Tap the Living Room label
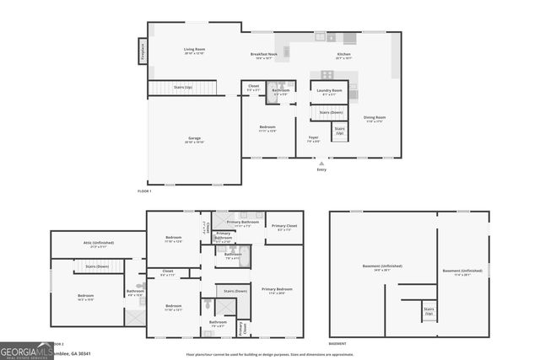pos(194,50)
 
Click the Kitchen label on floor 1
pos(343,55)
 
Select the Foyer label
pos(312,139)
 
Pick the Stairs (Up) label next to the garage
pos(182,87)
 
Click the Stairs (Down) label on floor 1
pos(330,111)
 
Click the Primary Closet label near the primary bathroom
pos(283,226)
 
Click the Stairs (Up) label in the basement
pos(428,310)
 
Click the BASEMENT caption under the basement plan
pos(337,344)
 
